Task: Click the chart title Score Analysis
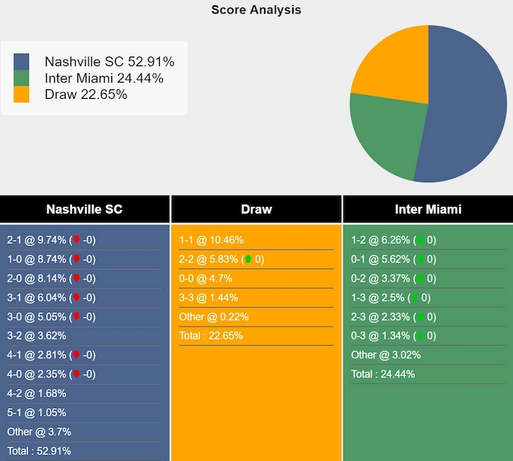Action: tap(256, 10)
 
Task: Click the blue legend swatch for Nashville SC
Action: tap(22, 62)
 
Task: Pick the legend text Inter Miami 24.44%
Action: tap(104, 78)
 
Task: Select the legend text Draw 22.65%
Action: tap(85, 94)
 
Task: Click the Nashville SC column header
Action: tap(84, 210)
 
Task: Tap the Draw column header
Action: tap(256, 210)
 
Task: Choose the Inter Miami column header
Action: tap(427, 210)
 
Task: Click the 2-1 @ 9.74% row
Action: tap(51, 240)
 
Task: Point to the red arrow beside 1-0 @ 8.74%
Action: tap(75, 259)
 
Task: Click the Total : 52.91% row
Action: tap(39, 451)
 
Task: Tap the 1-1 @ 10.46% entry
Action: tap(211, 240)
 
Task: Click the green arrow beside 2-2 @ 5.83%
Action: tap(248, 259)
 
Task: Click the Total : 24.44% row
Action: tap(383, 374)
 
